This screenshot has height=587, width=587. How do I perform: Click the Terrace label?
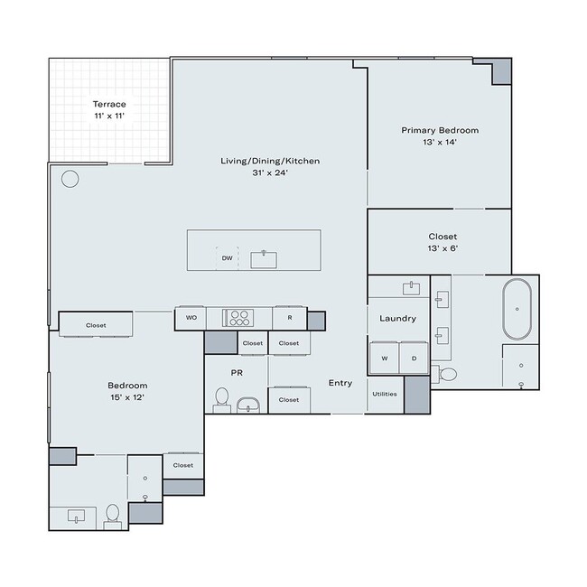pos(109,110)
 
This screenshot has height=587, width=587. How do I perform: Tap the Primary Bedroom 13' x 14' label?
pos(440,136)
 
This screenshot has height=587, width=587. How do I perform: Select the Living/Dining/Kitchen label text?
pos(270,166)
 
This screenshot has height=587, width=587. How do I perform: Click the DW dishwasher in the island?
pos(228,258)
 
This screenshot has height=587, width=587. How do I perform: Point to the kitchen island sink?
pos(264,259)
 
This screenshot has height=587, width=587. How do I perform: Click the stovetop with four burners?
pos(239,318)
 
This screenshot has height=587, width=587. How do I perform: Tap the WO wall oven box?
pos(191,318)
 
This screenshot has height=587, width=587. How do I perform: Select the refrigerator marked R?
pos(289,318)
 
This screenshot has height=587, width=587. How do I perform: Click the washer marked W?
pos(385,358)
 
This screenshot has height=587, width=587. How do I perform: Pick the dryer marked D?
pos(414,358)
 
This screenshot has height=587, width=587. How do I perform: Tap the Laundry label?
pos(396,319)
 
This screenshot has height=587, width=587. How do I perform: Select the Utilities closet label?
pos(385,394)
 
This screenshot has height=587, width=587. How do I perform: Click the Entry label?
pos(340,383)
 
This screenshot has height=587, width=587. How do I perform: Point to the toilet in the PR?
pos(222,398)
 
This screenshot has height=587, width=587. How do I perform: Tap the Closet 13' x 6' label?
pos(443,242)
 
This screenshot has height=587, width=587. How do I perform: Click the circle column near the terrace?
pos(70,179)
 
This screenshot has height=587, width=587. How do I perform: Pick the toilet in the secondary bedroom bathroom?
pos(113,513)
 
